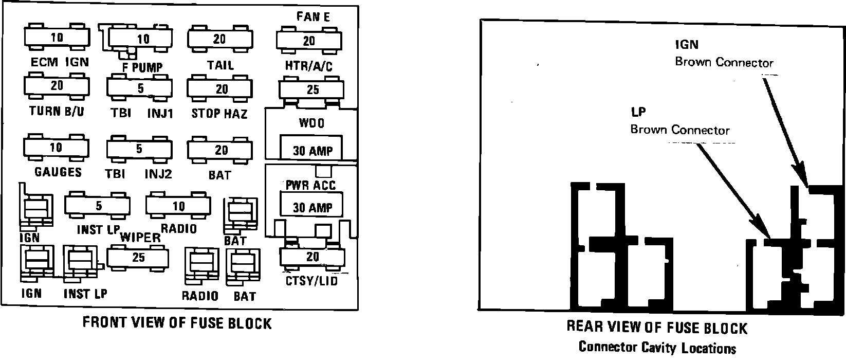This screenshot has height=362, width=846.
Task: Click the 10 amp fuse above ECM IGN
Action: [57, 38]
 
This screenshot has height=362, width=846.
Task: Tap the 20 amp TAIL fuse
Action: [219, 39]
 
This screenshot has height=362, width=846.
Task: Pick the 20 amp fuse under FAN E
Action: [308, 41]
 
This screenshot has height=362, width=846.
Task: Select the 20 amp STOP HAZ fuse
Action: [220, 89]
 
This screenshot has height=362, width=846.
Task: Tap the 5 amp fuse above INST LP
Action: [98, 206]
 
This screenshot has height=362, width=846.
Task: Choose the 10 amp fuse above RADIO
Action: [178, 206]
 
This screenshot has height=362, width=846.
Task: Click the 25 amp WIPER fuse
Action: [138, 257]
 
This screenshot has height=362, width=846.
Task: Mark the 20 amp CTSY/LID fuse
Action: [312, 256]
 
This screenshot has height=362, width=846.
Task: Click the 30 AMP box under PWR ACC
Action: [312, 205]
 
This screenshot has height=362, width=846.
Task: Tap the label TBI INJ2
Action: [138, 174]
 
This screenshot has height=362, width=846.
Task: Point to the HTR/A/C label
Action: [309, 66]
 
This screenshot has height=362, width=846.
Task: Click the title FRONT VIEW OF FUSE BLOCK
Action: [177, 323]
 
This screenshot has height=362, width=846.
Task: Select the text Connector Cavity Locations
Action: [657, 348]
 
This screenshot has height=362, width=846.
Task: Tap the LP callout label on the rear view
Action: [638, 112]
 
